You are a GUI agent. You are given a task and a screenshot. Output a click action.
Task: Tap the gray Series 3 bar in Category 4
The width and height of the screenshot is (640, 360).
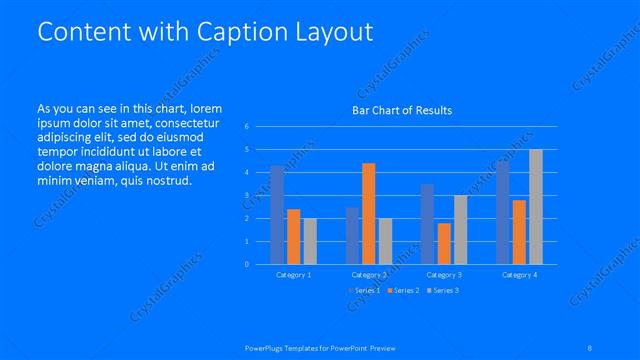click(x=536, y=206)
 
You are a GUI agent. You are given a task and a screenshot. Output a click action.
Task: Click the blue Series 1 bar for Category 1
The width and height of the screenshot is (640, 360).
click(x=277, y=215)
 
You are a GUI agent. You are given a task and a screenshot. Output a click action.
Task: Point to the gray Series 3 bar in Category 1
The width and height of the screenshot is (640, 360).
click(x=310, y=241)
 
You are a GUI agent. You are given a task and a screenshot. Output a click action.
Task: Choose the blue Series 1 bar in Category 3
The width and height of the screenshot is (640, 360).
click(x=427, y=224)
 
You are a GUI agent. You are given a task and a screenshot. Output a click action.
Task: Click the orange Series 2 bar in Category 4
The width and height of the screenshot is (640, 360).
click(x=519, y=232)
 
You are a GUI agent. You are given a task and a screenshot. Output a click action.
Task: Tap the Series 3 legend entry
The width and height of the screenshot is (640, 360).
click(x=444, y=290)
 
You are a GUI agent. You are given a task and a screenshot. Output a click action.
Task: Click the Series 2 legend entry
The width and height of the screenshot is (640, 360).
click(x=405, y=290)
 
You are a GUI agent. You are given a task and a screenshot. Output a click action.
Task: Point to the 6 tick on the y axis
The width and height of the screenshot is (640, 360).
click(x=246, y=127)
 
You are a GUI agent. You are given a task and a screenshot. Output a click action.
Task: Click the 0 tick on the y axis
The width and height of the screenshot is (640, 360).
click(x=246, y=264)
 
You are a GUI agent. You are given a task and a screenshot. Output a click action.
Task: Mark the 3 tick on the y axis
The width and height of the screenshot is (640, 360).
click(x=246, y=195)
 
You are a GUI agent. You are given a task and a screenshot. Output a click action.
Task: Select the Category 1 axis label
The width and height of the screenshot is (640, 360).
click(x=294, y=274)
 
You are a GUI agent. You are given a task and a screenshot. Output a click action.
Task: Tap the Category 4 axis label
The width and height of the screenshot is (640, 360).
click(x=519, y=274)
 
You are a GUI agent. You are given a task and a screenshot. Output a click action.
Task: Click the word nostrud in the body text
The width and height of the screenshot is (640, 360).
click(x=165, y=180)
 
